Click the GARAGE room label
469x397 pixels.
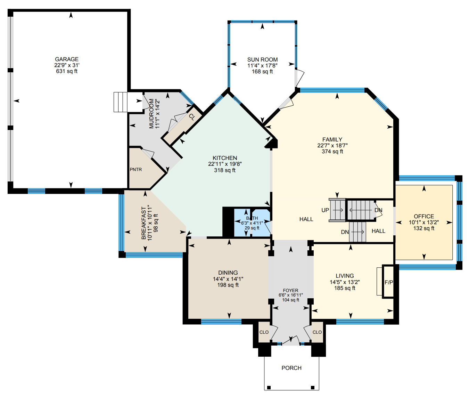(x=67, y=59)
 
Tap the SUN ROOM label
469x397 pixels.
(x=263, y=60)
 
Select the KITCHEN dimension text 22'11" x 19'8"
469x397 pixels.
(x=225, y=164)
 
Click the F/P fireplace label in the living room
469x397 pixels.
(x=389, y=283)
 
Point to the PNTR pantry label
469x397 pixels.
(x=136, y=169)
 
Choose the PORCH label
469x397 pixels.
(x=291, y=368)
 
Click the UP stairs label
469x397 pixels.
(x=325, y=210)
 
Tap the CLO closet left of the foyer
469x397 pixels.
(x=264, y=332)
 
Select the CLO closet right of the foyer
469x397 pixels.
(x=317, y=332)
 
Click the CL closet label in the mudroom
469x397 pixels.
(x=192, y=117)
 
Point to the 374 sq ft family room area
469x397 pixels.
(x=332, y=152)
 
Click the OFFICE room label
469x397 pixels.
(x=424, y=217)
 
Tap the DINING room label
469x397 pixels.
(x=228, y=273)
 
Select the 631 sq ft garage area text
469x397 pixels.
(x=67, y=71)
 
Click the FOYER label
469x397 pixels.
(x=291, y=291)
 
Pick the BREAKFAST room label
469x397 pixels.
(x=143, y=223)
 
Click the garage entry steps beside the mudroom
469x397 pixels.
(x=121, y=102)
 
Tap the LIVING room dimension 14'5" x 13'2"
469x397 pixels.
(x=345, y=282)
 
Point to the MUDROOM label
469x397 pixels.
(x=151, y=114)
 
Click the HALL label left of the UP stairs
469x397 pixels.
(x=306, y=219)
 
